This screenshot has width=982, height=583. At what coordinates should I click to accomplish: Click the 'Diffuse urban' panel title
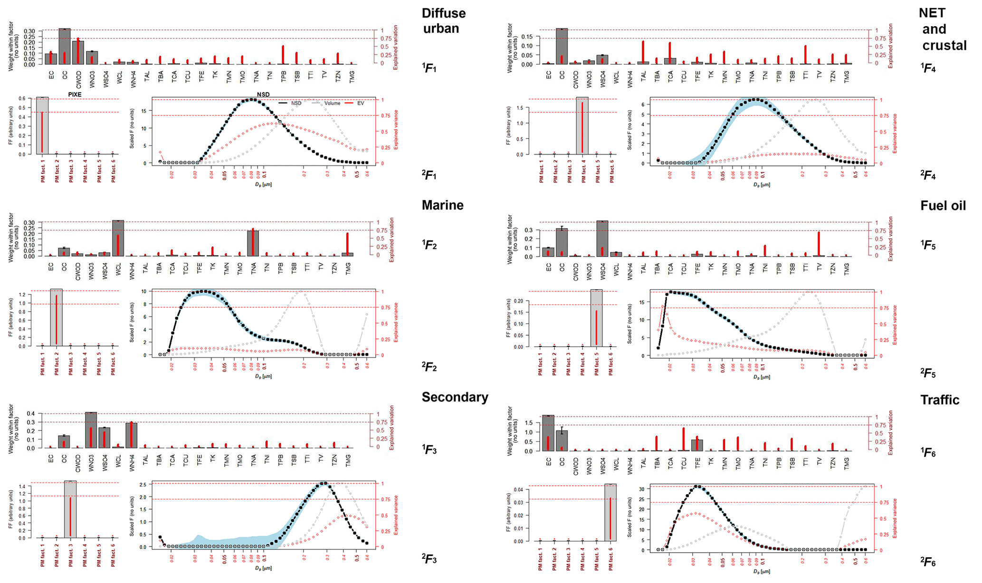443,20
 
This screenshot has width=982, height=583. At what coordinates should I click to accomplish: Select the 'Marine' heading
442,205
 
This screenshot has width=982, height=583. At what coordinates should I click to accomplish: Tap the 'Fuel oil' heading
943,206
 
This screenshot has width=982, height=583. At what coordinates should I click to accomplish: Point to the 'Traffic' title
939,400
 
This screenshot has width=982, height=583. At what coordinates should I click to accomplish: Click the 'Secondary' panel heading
455,398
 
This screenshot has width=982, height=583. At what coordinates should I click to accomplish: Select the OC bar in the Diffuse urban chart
65,47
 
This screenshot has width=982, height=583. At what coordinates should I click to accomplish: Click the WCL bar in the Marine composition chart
118,238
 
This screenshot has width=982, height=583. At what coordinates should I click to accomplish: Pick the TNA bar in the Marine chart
253,243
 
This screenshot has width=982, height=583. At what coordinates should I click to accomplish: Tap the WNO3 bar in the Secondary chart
91,430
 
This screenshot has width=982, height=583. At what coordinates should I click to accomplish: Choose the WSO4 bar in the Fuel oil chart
602,239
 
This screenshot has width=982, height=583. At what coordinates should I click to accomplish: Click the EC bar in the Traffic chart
548,433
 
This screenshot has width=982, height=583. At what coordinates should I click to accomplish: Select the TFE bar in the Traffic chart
697,445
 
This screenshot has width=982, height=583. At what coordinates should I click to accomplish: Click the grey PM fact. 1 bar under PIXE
42,125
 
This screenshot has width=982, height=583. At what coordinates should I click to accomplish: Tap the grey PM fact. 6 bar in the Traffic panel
610,512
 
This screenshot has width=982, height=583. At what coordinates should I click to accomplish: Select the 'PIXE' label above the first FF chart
75,95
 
